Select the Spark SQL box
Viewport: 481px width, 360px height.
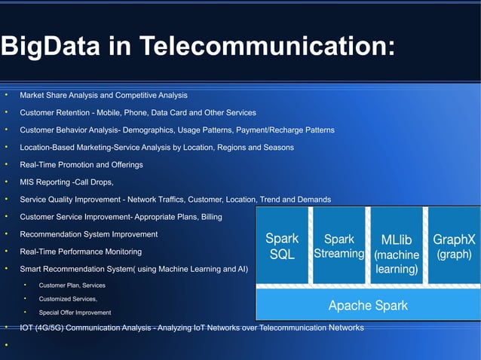coord(283,246)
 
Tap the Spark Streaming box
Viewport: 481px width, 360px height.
coord(339,246)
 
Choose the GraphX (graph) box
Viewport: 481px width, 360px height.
coord(453,246)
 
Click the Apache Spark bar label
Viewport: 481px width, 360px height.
coord(368,306)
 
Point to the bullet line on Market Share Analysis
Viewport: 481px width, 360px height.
coord(103,96)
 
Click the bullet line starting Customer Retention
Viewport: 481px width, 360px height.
coord(137,113)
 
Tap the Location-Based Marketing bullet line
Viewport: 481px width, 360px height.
coord(156,148)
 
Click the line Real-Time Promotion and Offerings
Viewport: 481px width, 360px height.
coord(81,164)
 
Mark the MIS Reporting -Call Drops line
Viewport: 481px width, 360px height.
coord(67,182)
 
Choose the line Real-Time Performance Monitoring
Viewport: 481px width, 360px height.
coord(80,251)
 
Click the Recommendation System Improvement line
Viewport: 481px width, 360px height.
coord(88,233)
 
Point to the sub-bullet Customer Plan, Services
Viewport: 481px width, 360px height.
coord(72,285)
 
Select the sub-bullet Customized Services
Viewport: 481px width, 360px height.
coord(68,299)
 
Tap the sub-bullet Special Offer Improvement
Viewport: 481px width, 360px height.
coord(75,312)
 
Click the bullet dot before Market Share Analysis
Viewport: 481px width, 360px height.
coord(5,96)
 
